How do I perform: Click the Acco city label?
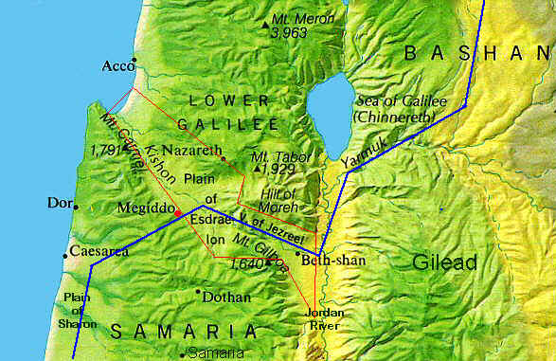(x=117, y=66)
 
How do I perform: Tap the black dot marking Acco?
(x=135, y=60)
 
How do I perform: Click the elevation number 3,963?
(x=289, y=33)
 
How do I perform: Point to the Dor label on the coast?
(x=57, y=203)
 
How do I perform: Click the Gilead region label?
(x=444, y=262)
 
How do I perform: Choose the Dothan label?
(x=226, y=298)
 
